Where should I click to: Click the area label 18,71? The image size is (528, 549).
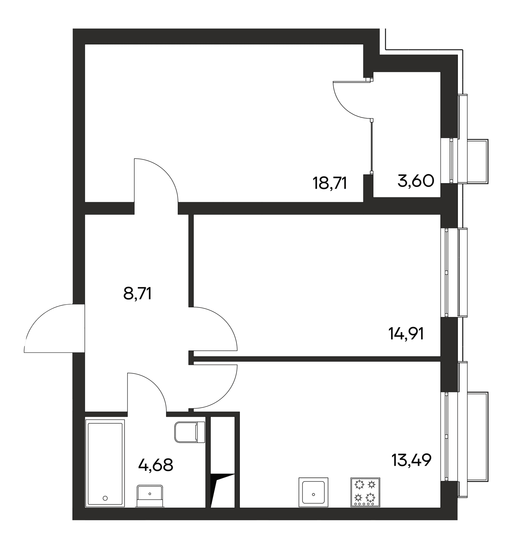click(x=330, y=183)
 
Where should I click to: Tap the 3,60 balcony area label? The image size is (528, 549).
click(x=416, y=181)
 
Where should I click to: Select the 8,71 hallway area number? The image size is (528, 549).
click(x=137, y=293)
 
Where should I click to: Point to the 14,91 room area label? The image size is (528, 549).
click(x=406, y=334)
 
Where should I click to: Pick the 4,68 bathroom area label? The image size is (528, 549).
click(x=156, y=465)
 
